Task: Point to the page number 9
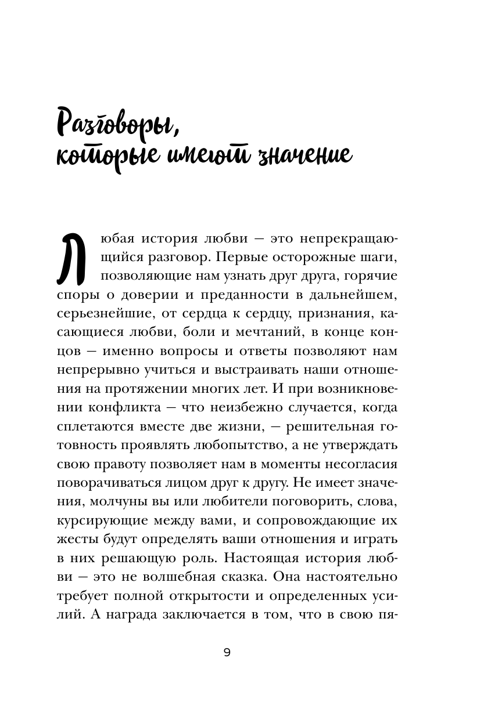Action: point(227,653)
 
